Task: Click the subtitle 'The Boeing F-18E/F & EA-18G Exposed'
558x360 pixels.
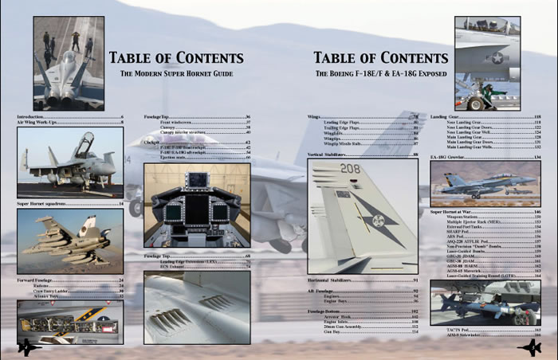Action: [x=380, y=73]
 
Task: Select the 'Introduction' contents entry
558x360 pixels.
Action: [x=32, y=117]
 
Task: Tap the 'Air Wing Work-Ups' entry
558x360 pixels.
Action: [x=37, y=123]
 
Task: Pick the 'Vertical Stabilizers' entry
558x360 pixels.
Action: [x=328, y=154]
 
